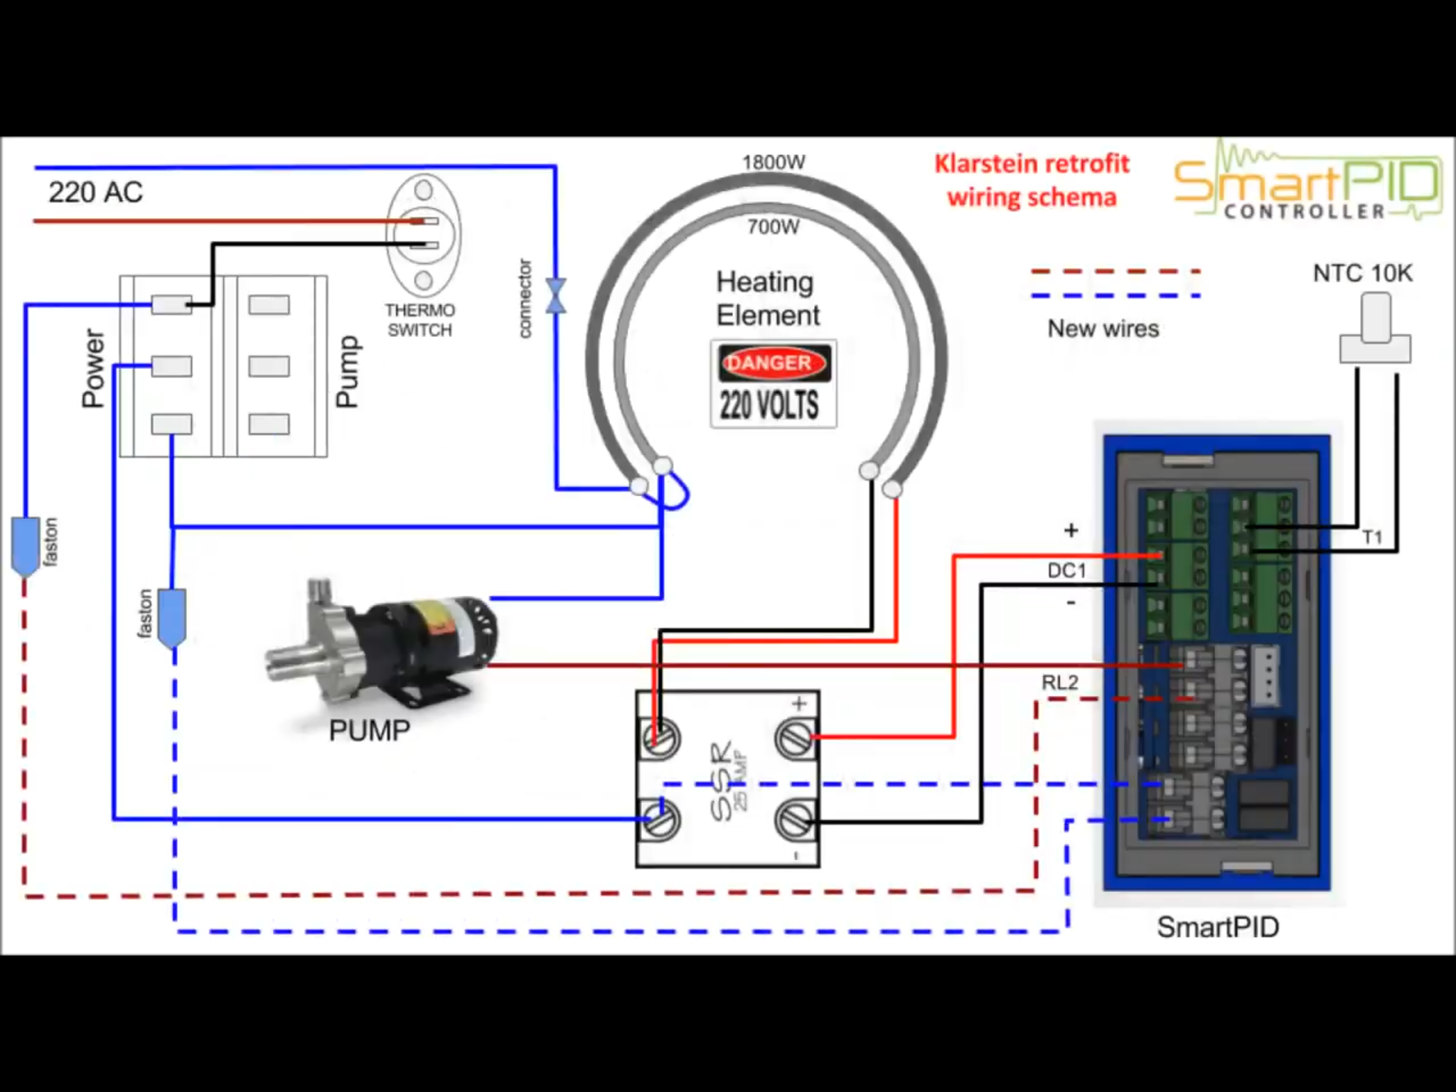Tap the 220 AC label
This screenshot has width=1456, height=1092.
point(95,192)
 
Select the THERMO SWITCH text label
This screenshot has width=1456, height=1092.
point(419,320)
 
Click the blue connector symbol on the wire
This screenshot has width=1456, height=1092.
point(556,296)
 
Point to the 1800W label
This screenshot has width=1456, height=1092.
point(773,162)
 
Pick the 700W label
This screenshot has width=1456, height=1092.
point(773,227)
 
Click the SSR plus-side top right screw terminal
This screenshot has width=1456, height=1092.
point(796,738)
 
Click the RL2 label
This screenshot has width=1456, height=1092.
point(1060,683)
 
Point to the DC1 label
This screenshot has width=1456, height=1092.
point(1066,570)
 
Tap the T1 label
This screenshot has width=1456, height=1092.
point(1372,537)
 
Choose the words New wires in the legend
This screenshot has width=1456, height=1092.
point(1103,328)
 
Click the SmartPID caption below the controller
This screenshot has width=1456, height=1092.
point(1217,927)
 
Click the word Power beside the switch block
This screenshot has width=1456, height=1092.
point(94,368)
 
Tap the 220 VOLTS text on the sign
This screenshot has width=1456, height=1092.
point(769,405)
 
